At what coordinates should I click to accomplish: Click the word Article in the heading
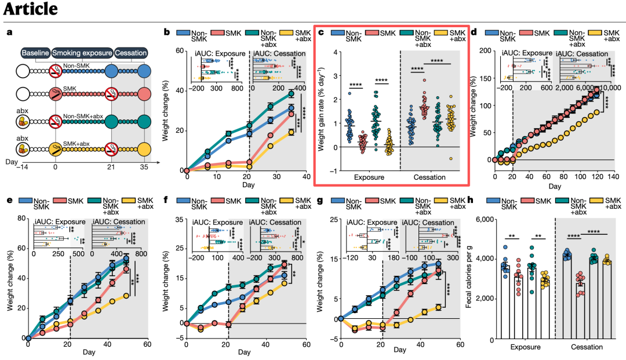(x=30, y=9)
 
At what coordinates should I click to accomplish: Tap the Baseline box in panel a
(x=35, y=53)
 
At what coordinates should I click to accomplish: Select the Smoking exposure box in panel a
(x=82, y=53)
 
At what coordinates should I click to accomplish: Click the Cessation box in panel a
(x=131, y=53)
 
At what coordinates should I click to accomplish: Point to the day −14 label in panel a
(x=21, y=167)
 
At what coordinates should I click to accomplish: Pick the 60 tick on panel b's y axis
(x=180, y=51)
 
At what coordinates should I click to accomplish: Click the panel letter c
(x=321, y=32)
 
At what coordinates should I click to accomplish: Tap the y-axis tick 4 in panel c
(x=336, y=52)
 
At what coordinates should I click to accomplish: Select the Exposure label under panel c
(x=369, y=177)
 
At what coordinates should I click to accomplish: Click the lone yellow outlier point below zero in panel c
(x=451, y=159)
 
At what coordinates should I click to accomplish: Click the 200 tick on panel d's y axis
(x=485, y=50)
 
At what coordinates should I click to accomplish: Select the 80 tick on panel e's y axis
(x=21, y=219)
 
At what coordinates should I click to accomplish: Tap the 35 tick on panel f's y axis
(x=179, y=219)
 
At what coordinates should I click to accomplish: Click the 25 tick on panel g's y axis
(x=334, y=219)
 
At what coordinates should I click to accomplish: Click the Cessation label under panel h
(x=587, y=347)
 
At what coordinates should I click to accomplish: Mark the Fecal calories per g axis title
(x=469, y=277)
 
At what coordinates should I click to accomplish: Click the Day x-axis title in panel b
(x=248, y=185)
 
